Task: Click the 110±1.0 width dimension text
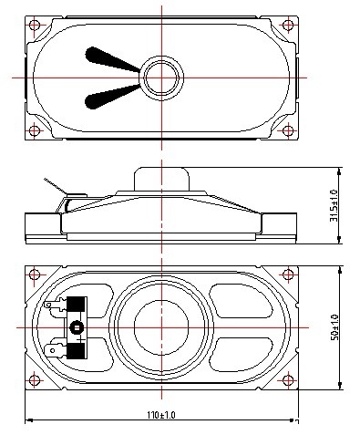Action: [161, 415]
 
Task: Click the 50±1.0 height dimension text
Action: [334, 327]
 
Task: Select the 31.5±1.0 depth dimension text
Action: [334, 206]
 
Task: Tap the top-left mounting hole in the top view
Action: [35, 25]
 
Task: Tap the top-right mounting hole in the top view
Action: [288, 25]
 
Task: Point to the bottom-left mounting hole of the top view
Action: [35, 130]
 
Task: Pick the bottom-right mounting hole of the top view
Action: [288, 130]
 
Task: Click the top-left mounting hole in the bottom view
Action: [35, 274]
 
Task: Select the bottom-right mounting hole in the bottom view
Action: [288, 380]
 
